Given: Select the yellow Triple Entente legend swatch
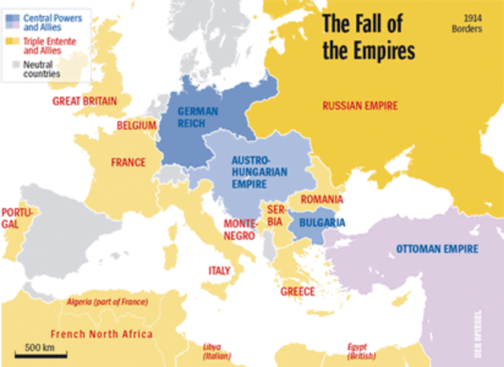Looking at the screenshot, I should tap(11, 39).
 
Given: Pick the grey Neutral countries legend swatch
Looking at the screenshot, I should tap(11, 62).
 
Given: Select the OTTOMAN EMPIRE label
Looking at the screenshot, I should tap(436, 250).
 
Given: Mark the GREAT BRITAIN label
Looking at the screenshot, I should tap(84, 101).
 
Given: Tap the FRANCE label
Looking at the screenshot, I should tap(128, 162).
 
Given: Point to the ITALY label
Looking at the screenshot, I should tap(219, 270).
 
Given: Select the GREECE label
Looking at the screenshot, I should tap(298, 291).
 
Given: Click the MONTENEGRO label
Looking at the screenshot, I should tap(239, 229).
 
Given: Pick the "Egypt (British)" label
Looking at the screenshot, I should tap(362, 350).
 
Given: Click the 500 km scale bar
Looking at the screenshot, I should tap(38, 354).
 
